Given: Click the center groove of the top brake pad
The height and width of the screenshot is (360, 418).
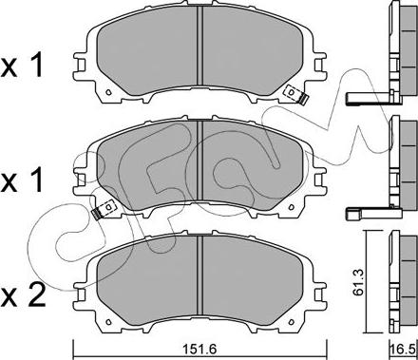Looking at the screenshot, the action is tap(199, 46).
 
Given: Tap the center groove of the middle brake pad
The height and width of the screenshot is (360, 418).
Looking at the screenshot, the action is tap(199, 161).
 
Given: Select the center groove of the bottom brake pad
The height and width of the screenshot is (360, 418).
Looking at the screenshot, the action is tap(199, 275).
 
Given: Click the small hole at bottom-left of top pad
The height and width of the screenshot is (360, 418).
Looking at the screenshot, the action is tap(108, 92).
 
